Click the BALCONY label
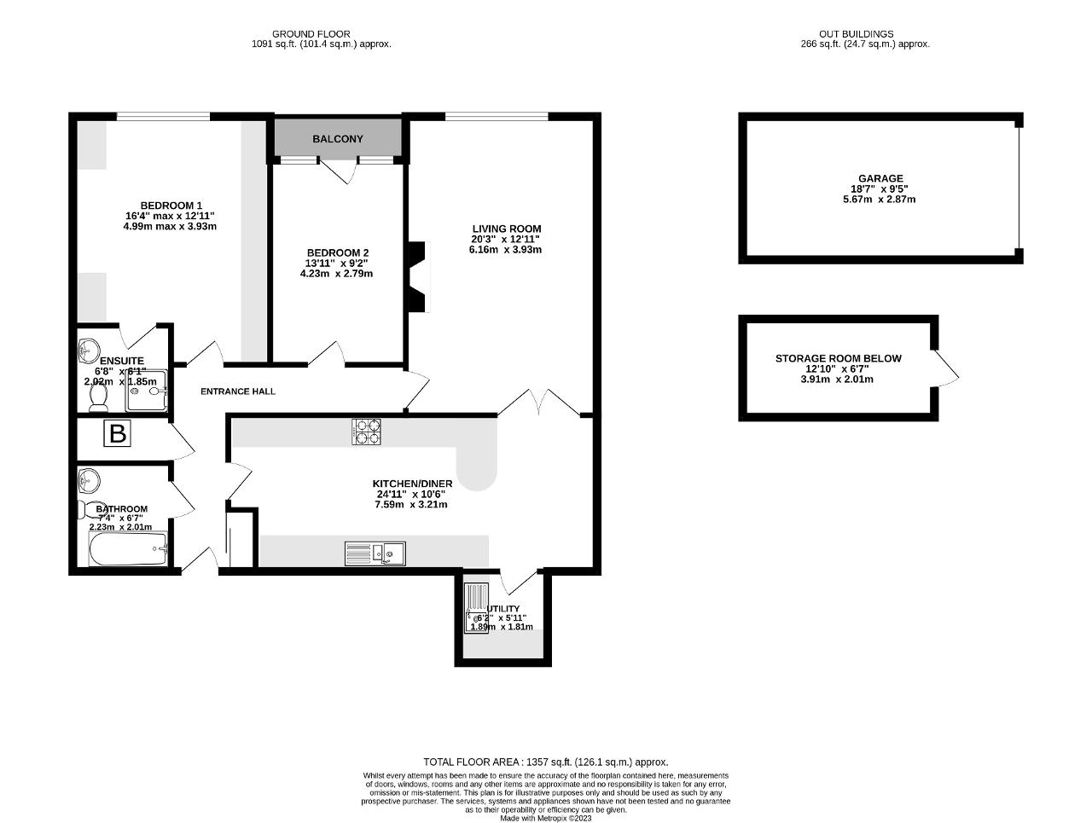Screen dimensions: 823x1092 click(x=338, y=139)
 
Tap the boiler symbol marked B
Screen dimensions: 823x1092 click(x=117, y=434)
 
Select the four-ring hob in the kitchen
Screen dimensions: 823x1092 click(x=366, y=432)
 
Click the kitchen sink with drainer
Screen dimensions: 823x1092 click(x=375, y=553)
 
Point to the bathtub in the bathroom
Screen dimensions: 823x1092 click(x=128, y=550)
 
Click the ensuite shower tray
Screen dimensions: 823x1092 click(x=144, y=389)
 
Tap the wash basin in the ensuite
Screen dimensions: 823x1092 click(x=88, y=351)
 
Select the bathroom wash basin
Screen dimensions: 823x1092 click(x=88, y=481)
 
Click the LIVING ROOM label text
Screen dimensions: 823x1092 click(x=507, y=229)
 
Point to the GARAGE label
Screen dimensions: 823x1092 click(x=880, y=179)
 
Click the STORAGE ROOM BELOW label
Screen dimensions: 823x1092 click(x=838, y=358)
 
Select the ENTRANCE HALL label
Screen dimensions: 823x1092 click(x=238, y=391)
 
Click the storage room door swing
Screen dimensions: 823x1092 click(x=945, y=369)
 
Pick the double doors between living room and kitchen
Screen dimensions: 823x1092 click(x=539, y=403)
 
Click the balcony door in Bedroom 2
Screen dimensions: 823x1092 click(x=336, y=171)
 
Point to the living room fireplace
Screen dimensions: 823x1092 click(x=416, y=278)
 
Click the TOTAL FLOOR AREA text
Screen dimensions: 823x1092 click(x=546, y=762)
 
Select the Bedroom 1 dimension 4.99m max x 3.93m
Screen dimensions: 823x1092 click(x=171, y=227)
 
